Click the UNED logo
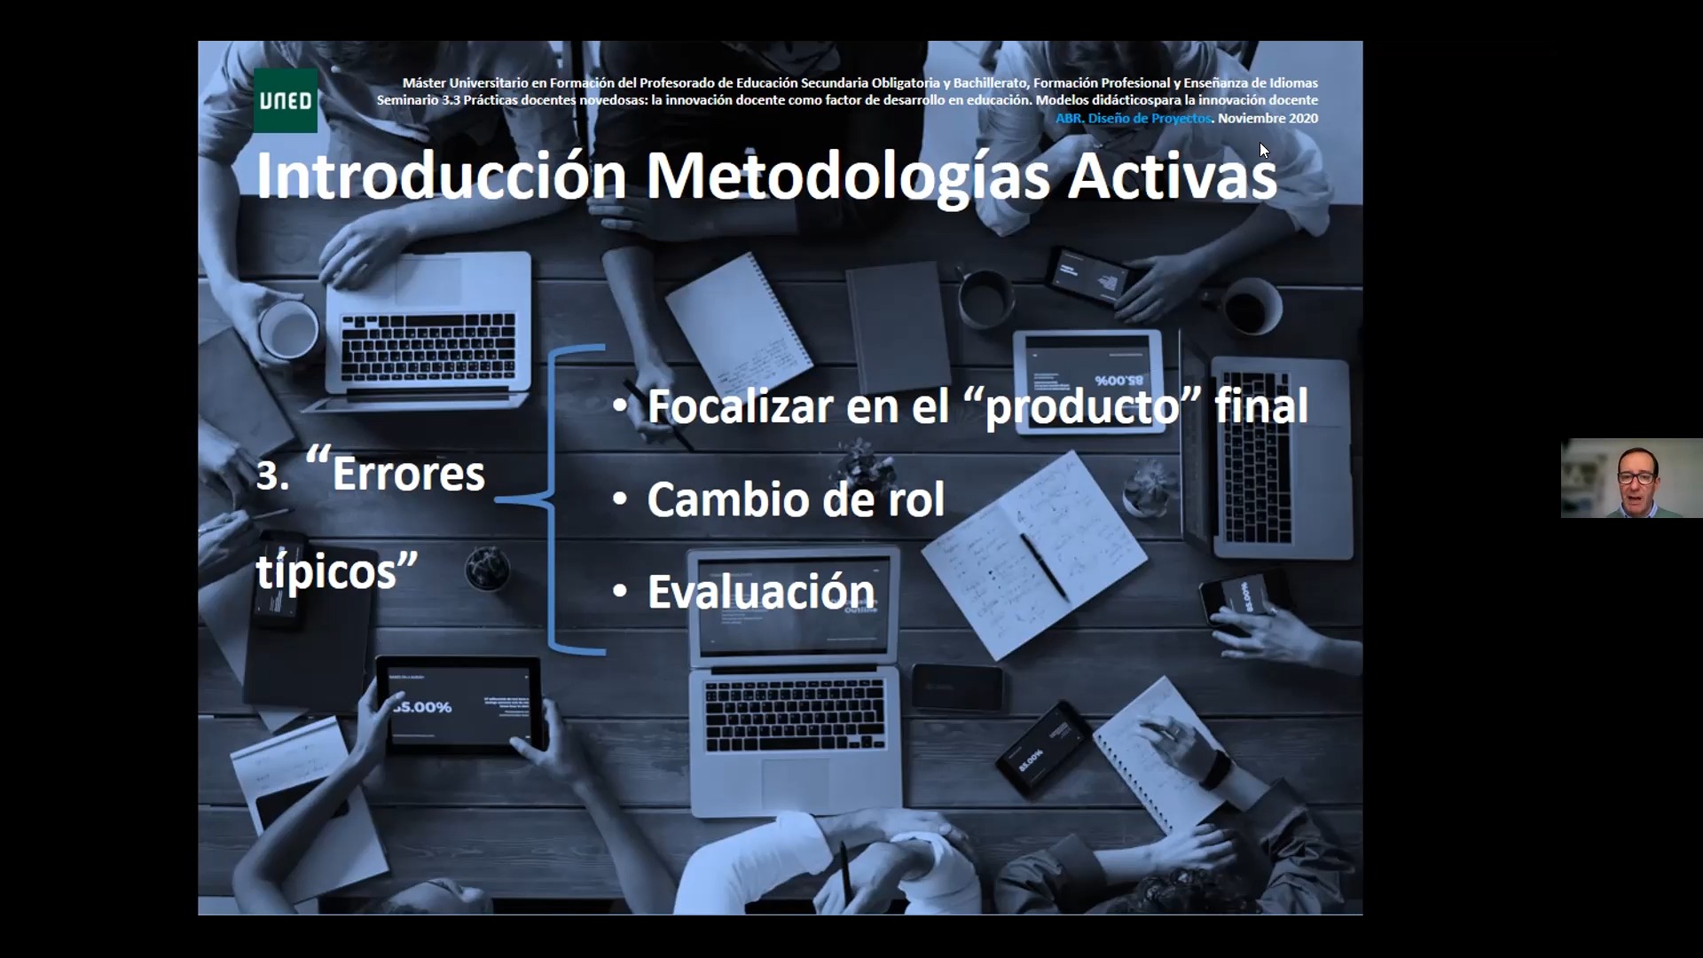(286, 100)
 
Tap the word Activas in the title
(1173, 176)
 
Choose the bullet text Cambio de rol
(796, 499)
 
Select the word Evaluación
(762, 592)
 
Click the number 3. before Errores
(272, 475)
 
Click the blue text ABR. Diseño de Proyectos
(1134, 118)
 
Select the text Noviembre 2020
(1268, 118)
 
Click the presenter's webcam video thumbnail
(1632, 478)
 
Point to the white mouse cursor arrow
(1264, 150)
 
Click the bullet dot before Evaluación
(620, 591)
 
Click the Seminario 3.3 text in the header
(419, 100)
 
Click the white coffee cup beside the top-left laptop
(289, 329)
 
